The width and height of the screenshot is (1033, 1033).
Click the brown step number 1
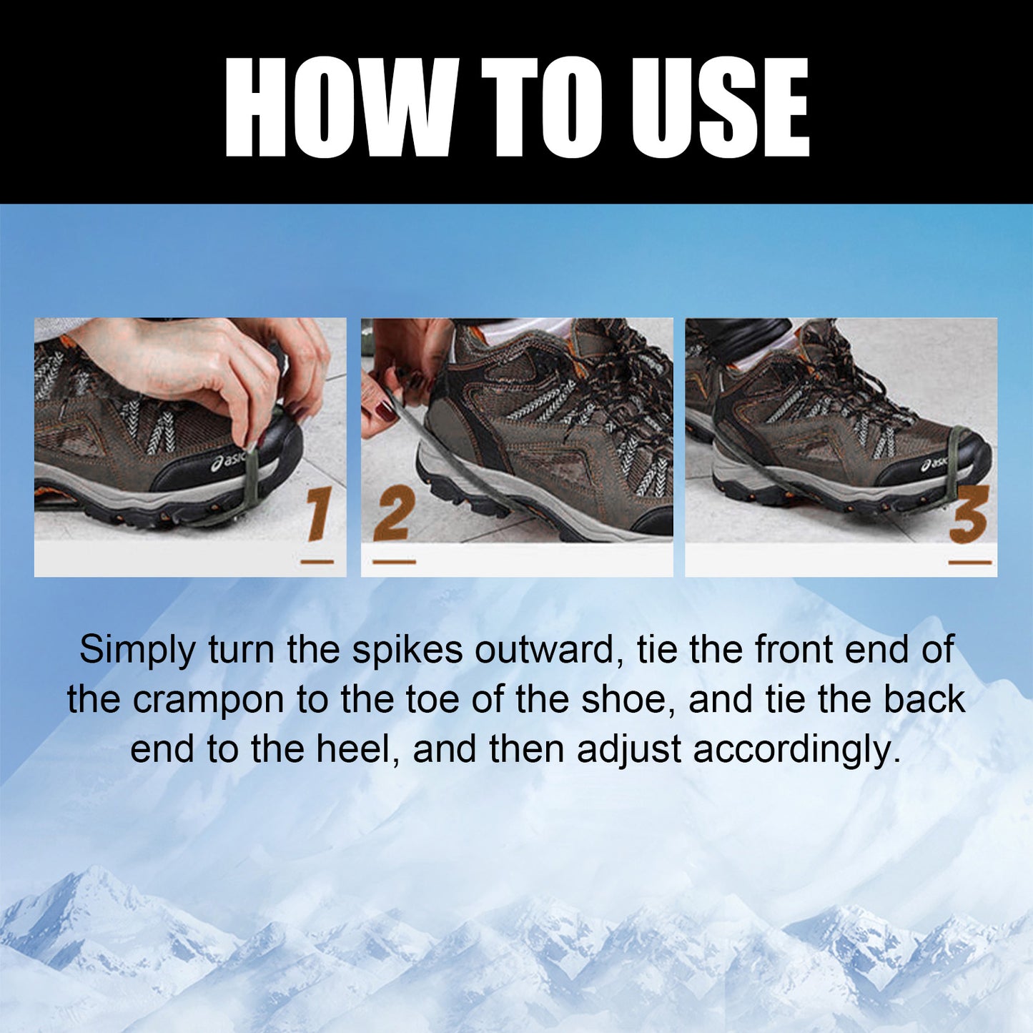(x=317, y=514)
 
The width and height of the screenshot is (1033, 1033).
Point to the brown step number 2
(x=393, y=516)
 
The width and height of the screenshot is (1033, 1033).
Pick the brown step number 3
(x=969, y=515)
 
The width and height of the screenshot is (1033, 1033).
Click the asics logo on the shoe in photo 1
(x=228, y=463)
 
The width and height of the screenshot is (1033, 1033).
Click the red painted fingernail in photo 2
(x=386, y=410)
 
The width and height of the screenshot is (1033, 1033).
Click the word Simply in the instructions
(x=137, y=650)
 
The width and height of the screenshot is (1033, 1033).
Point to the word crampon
(x=208, y=700)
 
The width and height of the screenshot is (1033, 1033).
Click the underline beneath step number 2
(x=394, y=562)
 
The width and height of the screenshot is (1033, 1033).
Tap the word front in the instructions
(x=794, y=650)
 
